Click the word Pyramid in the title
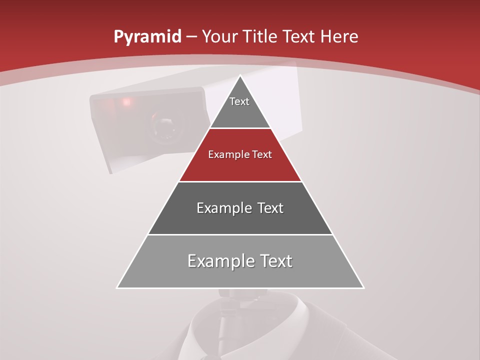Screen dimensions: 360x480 [147, 37]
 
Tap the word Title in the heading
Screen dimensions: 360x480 [260, 36]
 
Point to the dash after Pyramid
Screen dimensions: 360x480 [191, 37]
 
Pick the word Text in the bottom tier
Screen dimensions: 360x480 [275, 260]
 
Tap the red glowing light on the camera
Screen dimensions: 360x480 [126, 102]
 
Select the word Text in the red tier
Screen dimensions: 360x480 [260, 154]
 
